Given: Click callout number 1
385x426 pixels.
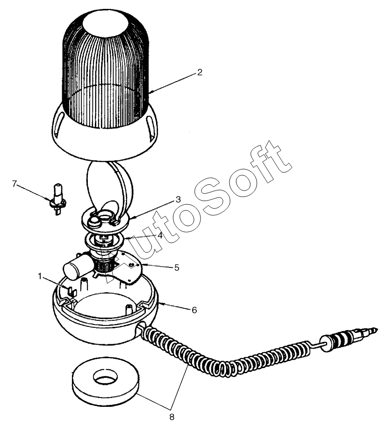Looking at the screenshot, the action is (x=40, y=276).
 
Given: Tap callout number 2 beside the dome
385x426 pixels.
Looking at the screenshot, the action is (x=200, y=72).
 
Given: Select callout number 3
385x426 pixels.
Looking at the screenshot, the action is (x=178, y=200).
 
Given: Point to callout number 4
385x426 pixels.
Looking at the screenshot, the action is (x=160, y=235).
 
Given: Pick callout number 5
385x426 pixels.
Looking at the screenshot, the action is (x=177, y=267).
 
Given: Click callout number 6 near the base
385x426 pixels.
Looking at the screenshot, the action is (x=194, y=310).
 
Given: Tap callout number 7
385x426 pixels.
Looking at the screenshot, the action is (x=14, y=184).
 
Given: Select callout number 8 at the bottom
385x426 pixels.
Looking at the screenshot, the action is (x=172, y=417).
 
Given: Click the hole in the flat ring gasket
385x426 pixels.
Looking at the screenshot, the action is (x=106, y=376).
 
